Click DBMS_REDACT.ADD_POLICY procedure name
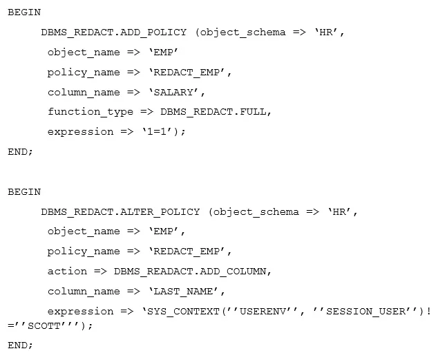pos(114,32)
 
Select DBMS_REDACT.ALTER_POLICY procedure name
pos(120,212)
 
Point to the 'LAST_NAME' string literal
pos(184,292)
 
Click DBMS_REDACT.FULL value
pos(213,112)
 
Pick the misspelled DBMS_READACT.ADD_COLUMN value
pos(190,272)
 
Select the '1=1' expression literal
pos(157,132)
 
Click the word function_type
pos(91,112)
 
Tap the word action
pos(67,272)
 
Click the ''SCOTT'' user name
pos(45,325)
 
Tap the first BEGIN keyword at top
pos(24,12)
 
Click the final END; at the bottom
pos(21,345)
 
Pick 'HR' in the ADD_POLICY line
pos(327,32)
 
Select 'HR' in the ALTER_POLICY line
pos(340,212)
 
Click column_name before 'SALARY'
pos(84,92)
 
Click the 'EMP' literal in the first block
pos(164,53)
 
